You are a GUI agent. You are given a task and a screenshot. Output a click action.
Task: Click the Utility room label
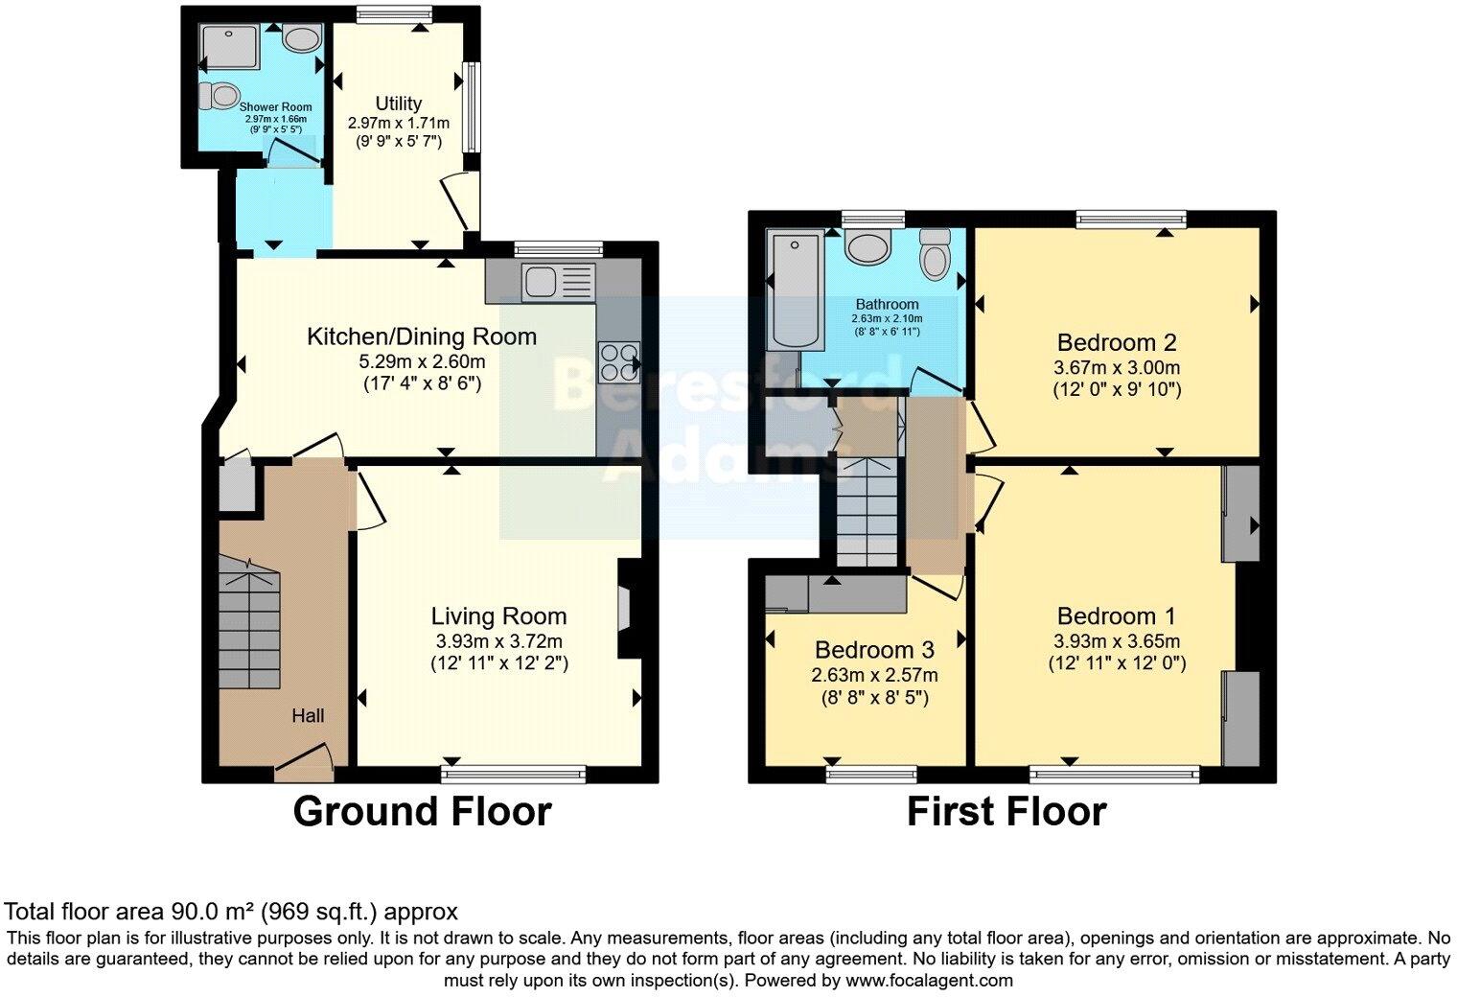point(398,104)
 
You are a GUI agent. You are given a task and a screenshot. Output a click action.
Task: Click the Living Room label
point(498,616)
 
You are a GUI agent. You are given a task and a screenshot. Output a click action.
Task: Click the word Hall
point(308,715)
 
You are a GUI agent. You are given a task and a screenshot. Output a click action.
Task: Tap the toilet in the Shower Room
point(220,96)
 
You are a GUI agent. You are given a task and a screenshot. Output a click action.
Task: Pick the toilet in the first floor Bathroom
point(934,254)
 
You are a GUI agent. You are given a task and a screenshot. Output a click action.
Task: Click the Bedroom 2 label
point(1117,342)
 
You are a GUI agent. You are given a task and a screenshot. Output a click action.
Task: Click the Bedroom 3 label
point(874,650)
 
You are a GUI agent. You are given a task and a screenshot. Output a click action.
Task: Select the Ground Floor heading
point(422,812)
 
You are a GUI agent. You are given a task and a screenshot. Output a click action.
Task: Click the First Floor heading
point(1006,812)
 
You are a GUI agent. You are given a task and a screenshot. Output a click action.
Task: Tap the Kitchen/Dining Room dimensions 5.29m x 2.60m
point(422,362)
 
